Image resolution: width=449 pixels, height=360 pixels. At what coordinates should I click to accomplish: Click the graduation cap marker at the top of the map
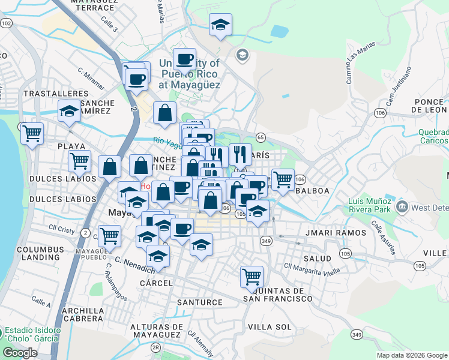point(220,25)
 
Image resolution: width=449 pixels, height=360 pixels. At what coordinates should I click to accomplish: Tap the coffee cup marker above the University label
point(184,59)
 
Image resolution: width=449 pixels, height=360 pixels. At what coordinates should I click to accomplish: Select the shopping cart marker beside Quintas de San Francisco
point(252,277)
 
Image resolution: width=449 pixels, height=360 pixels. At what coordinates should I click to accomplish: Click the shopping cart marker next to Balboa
point(282,179)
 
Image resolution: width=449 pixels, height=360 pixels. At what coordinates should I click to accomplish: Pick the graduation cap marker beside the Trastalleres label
point(70,111)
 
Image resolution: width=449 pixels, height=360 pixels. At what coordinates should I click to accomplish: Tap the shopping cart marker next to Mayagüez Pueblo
point(109,236)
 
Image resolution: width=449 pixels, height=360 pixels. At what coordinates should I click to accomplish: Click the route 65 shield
point(261,137)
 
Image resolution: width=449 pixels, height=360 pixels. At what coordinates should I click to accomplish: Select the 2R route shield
point(157,347)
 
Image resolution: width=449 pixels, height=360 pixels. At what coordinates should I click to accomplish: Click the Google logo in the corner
point(20,353)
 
